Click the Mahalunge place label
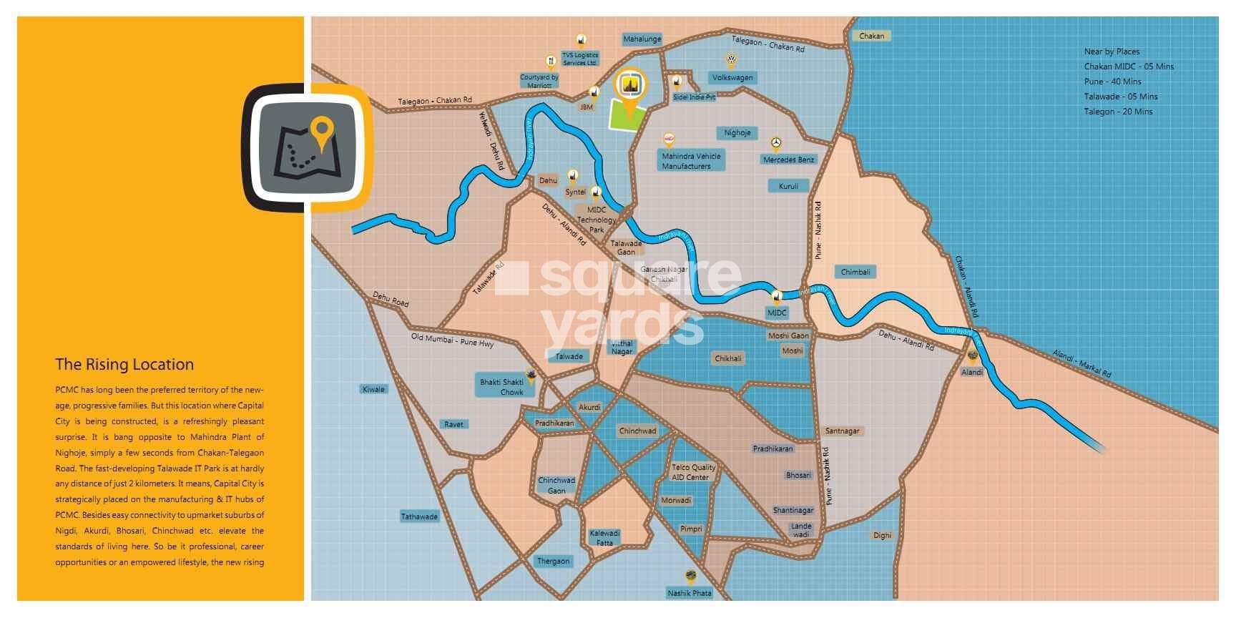pyautogui.click(x=642, y=39)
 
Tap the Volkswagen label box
pyautogui.click(x=732, y=77)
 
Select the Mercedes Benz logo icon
pyautogui.click(x=775, y=144)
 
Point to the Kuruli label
pyautogui.click(x=788, y=186)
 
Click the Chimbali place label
pyautogui.click(x=855, y=272)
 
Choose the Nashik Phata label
pyautogui.click(x=689, y=593)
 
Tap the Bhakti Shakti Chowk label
pyautogui.click(x=501, y=387)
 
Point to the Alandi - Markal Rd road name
pyautogui.click(x=1081, y=364)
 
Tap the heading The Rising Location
pyautogui.click(x=124, y=364)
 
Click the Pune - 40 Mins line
pyautogui.click(x=1112, y=82)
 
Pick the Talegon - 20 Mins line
pyautogui.click(x=1118, y=112)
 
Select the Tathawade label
pyautogui.click(x=419, y=516)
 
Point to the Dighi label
pyautogui.click(x=882, y=535)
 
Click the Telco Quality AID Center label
pyautogui.click(x=692, y=472)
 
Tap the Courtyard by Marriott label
pyautogui.click(x=539, y=82)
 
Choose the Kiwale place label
pyautogui.click(x=373, y=389)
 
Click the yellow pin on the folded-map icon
pyautogui.click(x=323, y=131)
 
